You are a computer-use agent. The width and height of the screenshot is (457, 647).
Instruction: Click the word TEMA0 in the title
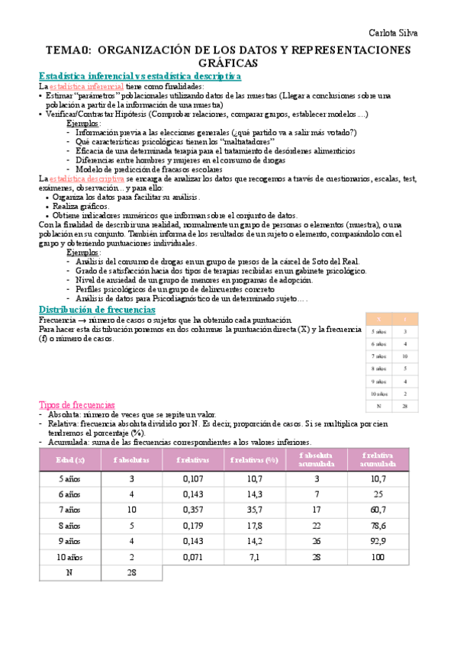tap(69, 50)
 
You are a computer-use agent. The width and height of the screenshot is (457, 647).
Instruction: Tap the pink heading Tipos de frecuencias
tap(76, 404)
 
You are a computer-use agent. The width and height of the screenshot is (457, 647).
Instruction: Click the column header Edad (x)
tap(69, 460)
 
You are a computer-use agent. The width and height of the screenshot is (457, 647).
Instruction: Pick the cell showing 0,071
tap(194, 557)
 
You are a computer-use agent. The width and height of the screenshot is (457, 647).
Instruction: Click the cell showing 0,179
tap(194, 525)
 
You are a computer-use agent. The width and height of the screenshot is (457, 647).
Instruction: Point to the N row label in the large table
tap(69, 573)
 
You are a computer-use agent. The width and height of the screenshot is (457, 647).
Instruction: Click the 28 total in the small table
tap(404, 407)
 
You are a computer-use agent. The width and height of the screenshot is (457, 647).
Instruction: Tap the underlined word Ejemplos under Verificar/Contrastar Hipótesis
tap(83, 124)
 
